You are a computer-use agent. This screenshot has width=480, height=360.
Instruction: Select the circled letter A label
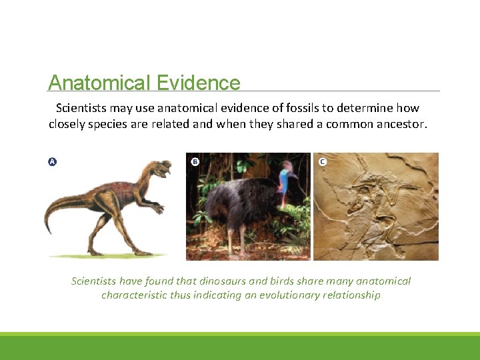(52, 162)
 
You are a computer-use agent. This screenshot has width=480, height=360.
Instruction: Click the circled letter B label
(195, 162)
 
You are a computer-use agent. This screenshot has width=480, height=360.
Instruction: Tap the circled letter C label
(323, 162)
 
